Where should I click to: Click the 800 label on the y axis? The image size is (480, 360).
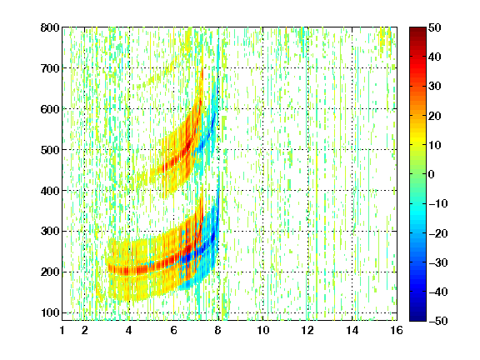[x=50, y=27]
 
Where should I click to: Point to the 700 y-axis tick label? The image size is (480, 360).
[x=50, y=68]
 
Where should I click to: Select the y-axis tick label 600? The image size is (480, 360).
[x=50, y=109]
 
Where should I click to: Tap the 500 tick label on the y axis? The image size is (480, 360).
[x=50, y=150]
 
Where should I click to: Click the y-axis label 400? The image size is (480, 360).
[x=50, y=191]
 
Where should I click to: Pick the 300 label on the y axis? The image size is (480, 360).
[x=50, y=231]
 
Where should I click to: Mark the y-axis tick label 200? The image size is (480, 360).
[x=50, y=272]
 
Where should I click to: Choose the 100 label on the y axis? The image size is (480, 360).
[x=50, y=312]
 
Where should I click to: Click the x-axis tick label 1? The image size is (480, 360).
[x=62, y=330]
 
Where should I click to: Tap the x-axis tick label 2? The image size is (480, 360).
[x=85, y=330]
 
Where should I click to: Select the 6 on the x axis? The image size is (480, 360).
[x=174, y=330]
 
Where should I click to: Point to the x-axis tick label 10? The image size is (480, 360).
[x=263, y=330]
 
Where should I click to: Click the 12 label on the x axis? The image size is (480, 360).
[x=307, y=330]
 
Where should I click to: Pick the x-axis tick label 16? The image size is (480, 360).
[x=397, y=330]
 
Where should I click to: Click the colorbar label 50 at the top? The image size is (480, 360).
[x=434, y=27]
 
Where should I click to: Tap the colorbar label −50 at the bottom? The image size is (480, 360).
[x=438, y=321]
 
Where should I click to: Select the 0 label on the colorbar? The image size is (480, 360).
[x=432, y=174]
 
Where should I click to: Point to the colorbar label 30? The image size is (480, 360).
[x=434, y=87]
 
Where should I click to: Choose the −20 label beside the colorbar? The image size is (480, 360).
[x=438, y=233]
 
